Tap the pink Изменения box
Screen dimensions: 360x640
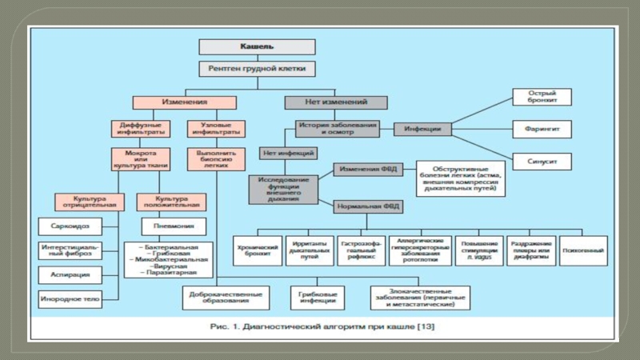tap(185, 102)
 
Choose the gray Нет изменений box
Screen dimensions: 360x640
tap(336, 102)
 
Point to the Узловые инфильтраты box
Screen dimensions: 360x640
tap(215, 128)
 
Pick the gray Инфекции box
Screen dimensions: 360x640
tap(423, 128)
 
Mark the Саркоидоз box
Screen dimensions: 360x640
tap(70, 226)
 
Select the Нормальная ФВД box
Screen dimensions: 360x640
tap(368, 206)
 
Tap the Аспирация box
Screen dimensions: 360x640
tap(70, 274)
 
